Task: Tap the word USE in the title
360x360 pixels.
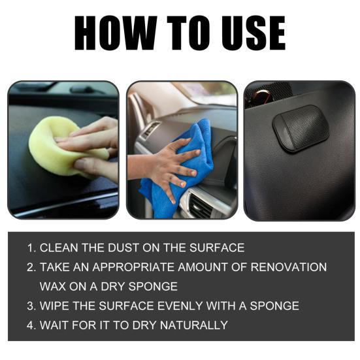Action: (254, 33)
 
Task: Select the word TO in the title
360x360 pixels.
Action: (189, 33)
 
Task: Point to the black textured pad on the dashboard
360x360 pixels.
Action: (301, 129)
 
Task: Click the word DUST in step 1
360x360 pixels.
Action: (123, 248)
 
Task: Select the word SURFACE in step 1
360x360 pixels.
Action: (217, 248)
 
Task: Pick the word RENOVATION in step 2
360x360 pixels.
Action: (289, 267)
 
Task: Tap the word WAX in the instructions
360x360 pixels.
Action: (52, 286)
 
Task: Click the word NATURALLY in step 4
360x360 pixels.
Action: (194, 325)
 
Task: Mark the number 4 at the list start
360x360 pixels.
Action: (30, 325)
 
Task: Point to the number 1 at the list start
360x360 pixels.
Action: (30, 248)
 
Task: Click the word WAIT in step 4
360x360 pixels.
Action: (54, 325)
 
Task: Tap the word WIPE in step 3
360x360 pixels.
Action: (54, 306)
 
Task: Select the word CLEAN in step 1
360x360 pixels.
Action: (59, 248)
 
